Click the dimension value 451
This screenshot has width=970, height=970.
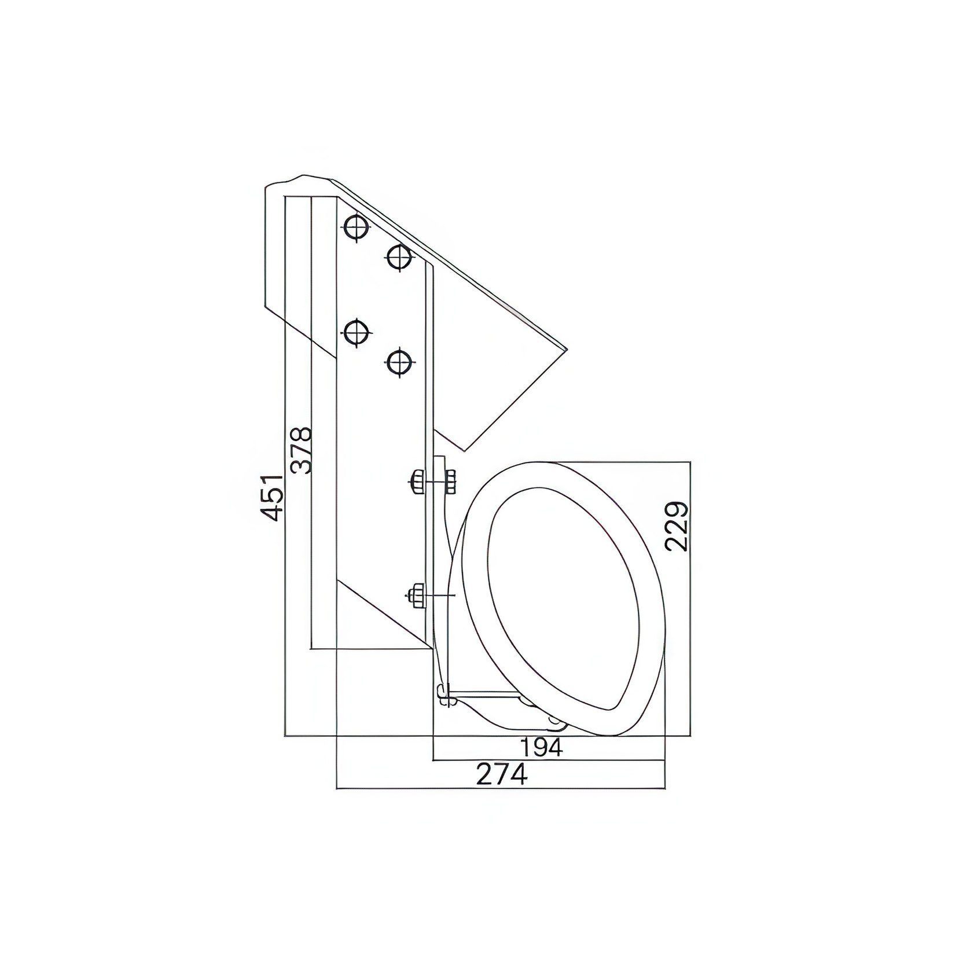[x=271, y=497]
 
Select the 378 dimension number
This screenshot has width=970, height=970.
[x=301, y=450]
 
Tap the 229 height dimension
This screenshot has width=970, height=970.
[x=677, y=526]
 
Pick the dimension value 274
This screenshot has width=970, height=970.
[x=502, y=774]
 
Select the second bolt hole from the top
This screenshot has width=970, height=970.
[x=399, y=258]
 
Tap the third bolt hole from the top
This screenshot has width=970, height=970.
[x=357, y=333]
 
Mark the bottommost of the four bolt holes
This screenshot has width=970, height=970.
[x=399, y=363]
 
